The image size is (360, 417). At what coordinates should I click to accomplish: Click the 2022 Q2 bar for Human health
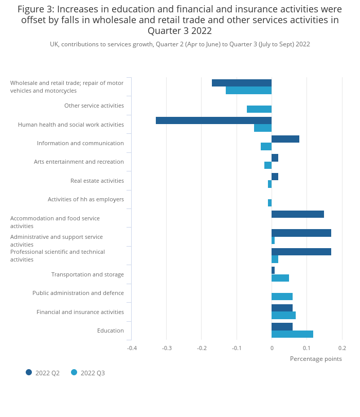213,120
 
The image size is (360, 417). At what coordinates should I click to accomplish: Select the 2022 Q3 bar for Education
292,334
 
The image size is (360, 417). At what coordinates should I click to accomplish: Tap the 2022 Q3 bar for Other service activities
259,109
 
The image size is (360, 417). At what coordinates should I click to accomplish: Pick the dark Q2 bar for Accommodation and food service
298,214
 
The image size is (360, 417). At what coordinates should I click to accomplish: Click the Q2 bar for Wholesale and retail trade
242,83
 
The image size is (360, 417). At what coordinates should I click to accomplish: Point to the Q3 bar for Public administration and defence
282,297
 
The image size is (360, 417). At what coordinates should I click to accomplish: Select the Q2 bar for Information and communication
285,139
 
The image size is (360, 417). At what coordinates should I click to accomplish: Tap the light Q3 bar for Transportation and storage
280,278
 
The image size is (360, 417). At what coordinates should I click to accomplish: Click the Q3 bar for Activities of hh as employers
269,203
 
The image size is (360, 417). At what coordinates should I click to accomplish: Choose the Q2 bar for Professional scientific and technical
301,252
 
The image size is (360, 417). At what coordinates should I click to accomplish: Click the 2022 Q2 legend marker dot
29,372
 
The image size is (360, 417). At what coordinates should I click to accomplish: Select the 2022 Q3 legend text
93,373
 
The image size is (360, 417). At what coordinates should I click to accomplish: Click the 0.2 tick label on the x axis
342,348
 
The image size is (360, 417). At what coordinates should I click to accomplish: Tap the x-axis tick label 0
272,348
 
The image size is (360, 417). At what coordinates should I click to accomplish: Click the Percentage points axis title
316,359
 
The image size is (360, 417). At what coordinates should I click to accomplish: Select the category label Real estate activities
97,181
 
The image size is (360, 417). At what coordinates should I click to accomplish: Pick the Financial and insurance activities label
80,312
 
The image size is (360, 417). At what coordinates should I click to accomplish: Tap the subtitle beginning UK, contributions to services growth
180,44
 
